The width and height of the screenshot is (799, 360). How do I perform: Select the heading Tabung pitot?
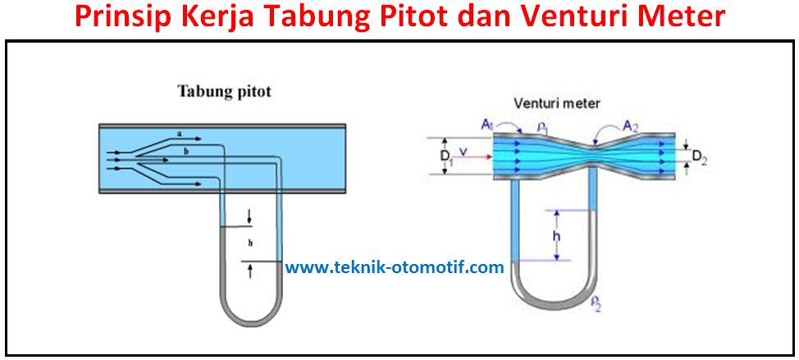tap(224, 91)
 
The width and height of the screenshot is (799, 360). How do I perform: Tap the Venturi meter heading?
tap(557, 103)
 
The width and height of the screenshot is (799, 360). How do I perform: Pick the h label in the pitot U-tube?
tap(249, 243)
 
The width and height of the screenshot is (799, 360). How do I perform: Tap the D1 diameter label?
tap(444, 157)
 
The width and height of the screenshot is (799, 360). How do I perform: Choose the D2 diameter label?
tap(697, 157)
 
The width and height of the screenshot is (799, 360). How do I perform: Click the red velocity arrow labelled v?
tap(469, 156)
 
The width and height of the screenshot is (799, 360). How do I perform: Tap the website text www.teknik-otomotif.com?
tap(394, 267)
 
